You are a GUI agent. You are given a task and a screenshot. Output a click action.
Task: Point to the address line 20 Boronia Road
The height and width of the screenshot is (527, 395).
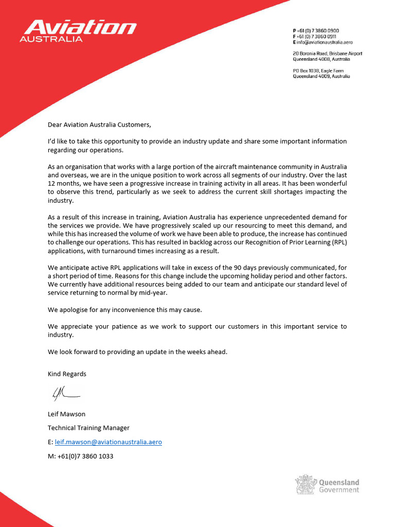327,54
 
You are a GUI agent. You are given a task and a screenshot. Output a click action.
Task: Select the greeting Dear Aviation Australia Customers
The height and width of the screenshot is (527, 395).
100,125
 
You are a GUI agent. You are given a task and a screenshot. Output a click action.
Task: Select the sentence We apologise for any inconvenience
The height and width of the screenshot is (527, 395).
125,309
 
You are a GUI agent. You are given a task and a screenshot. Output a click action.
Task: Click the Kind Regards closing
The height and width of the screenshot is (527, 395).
67,374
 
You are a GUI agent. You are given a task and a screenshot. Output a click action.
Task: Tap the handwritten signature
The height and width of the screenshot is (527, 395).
65,394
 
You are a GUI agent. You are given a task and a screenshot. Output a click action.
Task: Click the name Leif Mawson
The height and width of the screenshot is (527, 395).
67,414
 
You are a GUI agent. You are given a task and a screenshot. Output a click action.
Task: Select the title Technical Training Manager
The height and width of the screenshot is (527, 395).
88,428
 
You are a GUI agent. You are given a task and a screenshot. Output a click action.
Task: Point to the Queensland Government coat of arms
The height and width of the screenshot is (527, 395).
304,485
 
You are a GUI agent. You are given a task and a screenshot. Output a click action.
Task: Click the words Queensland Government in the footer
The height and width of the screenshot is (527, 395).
339,486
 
